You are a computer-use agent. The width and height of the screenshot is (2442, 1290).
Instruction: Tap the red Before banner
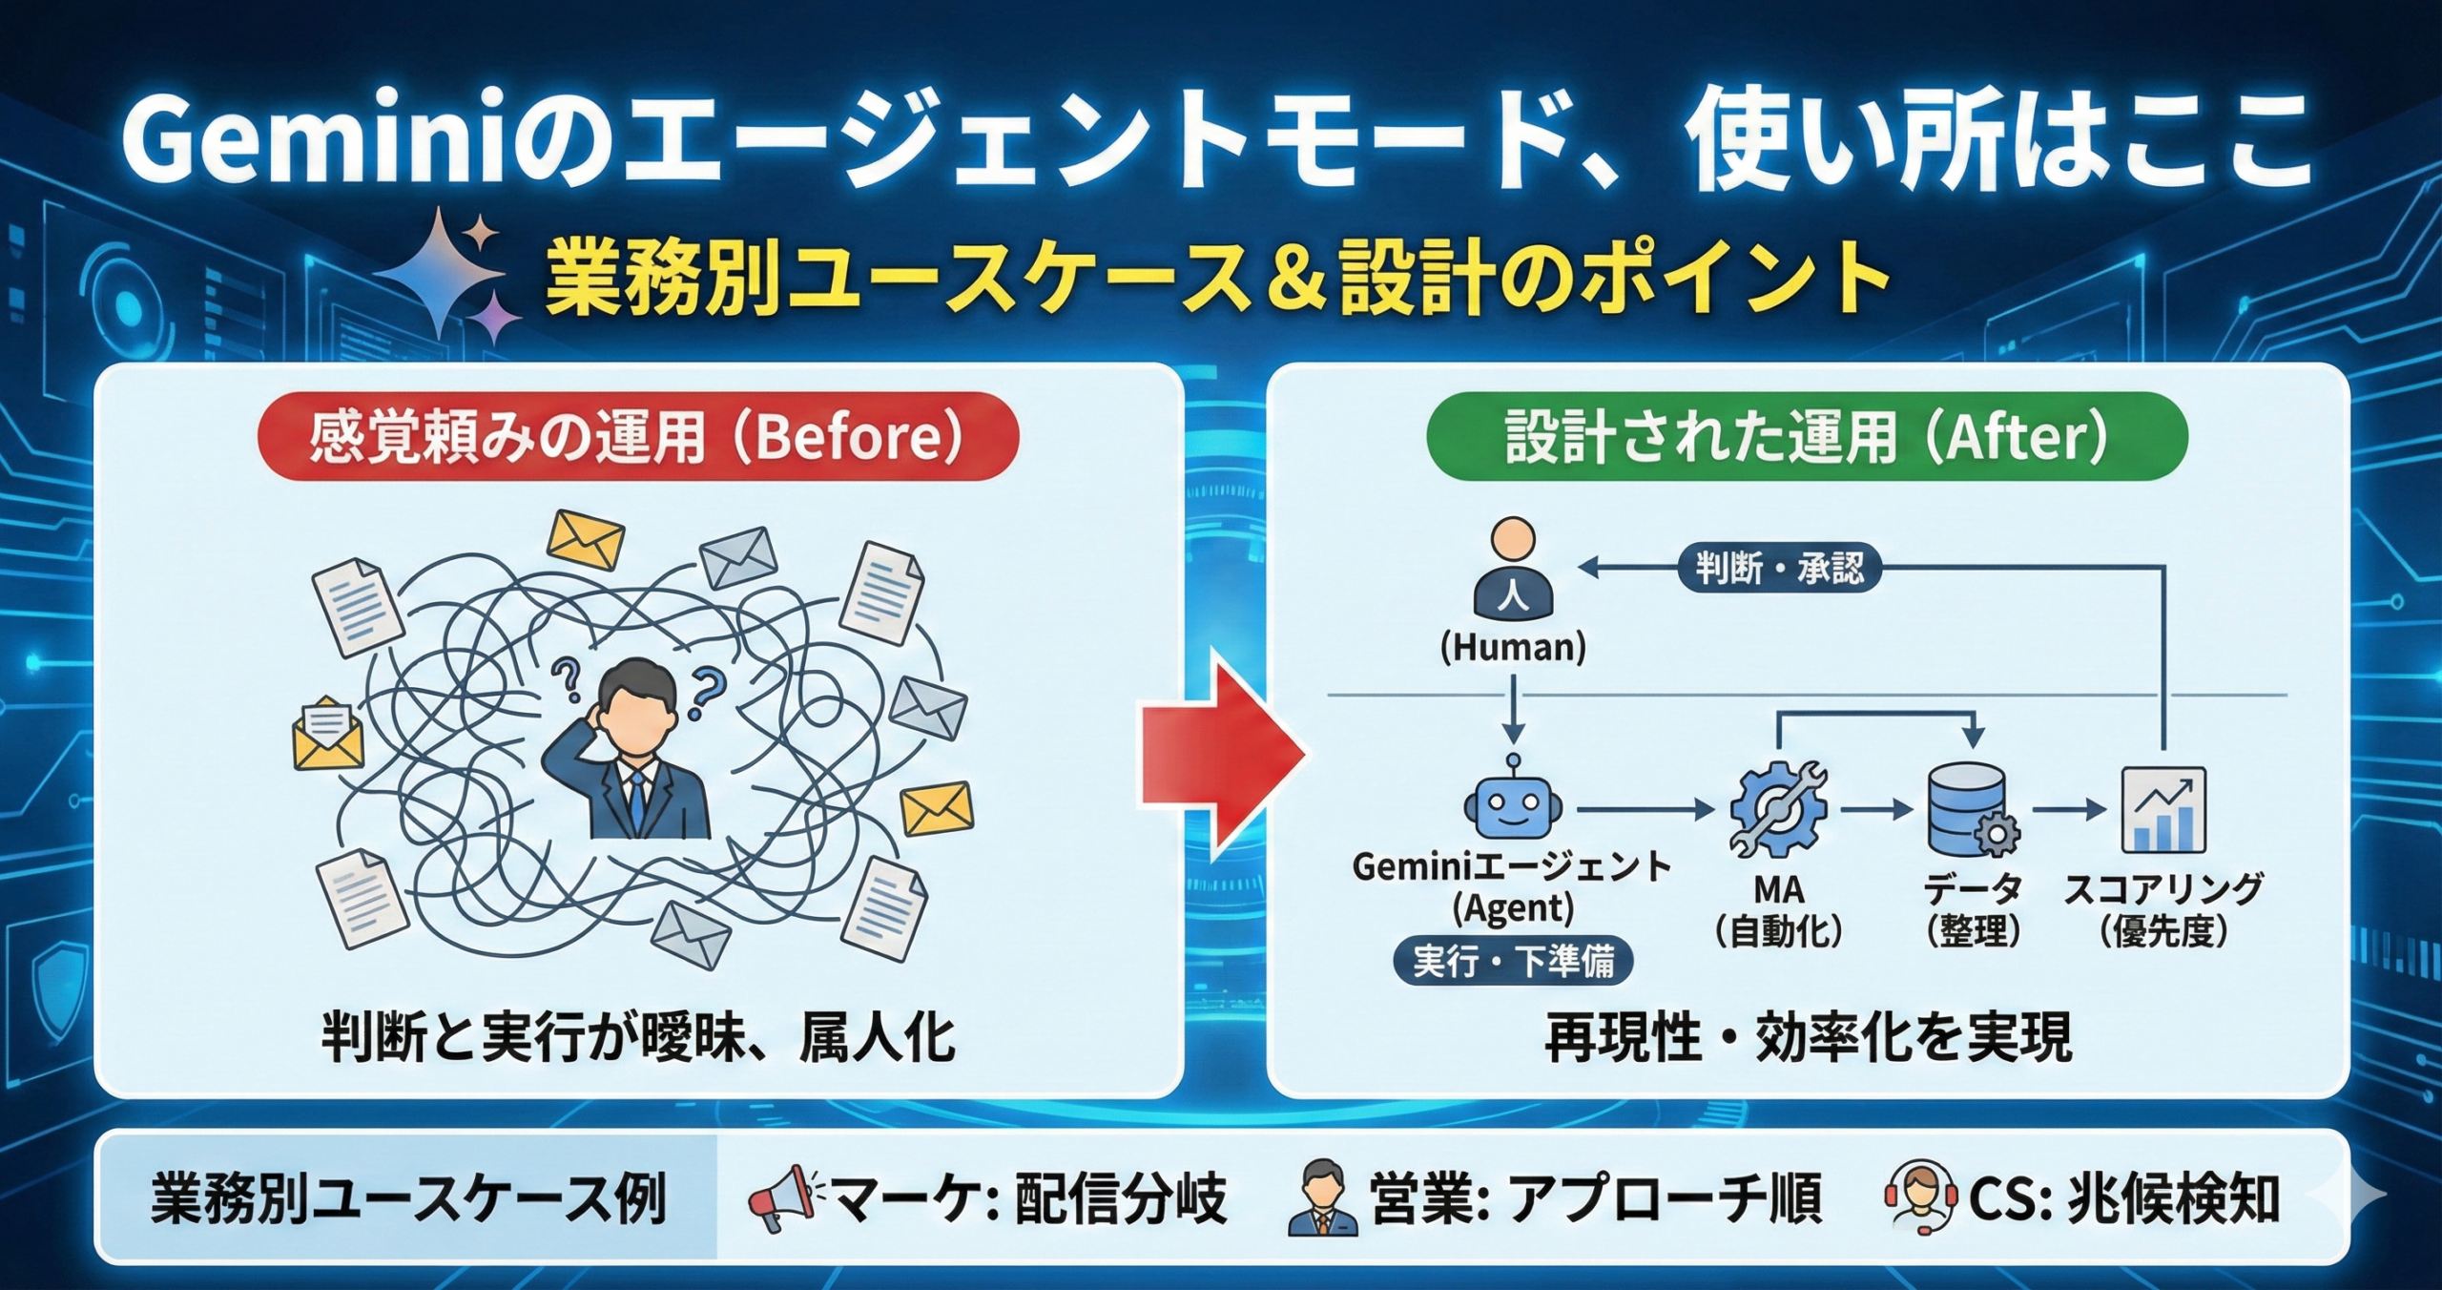(637, 437)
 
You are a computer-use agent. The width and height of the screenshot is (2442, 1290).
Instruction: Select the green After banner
(1806, 437)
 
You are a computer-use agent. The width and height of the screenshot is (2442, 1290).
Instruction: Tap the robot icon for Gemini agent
(1513, 806)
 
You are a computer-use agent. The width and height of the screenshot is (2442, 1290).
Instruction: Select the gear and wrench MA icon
(1778, 809)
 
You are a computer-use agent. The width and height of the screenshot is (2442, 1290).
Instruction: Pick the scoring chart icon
(2163, 810)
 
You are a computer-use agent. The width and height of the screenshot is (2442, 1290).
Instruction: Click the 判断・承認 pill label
(1779, 569)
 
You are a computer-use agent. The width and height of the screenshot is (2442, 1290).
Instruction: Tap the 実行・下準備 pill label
(1513, 961)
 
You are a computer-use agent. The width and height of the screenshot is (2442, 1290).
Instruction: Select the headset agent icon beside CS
(1919, 1199)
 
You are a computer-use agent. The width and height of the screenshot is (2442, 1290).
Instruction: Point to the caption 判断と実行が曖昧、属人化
(637, 1038)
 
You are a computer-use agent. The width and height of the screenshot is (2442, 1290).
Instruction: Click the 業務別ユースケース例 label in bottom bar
(407, 1199)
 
